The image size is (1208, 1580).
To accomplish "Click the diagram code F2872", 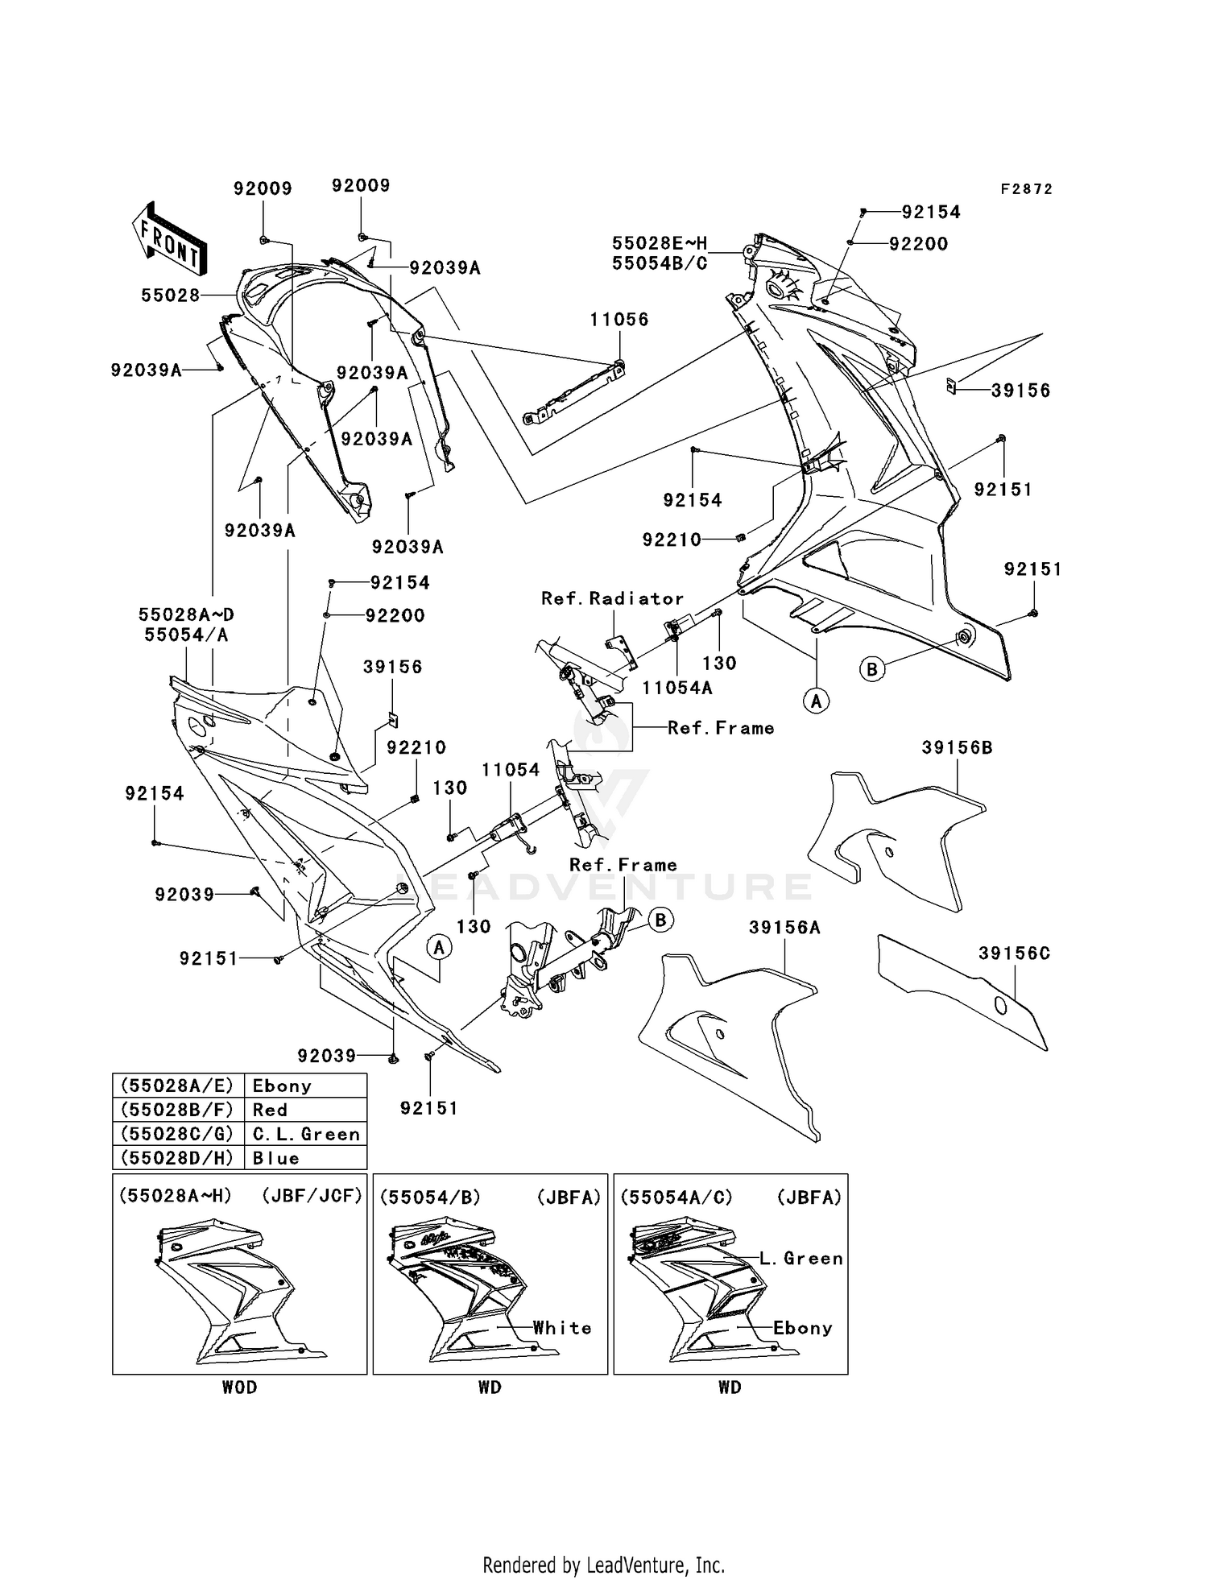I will click(x=1026, y=189).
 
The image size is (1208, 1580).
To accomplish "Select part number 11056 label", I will click(x=618, y=319).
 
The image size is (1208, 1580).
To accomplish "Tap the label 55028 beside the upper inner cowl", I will click(x=170, y=296).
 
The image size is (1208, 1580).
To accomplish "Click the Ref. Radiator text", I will click(x=612, y=598).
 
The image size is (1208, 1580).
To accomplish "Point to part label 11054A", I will click(x=676, y=688).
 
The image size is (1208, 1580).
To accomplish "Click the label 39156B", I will click(x=957, y=747).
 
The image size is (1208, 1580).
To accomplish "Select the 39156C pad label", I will click(x=1014, y=953).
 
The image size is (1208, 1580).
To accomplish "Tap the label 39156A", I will click(x=784, y=928).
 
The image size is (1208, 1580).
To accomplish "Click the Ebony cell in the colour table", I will click(x=282, y=1086).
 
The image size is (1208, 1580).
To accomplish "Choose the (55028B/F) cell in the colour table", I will click(x=177, y=1110).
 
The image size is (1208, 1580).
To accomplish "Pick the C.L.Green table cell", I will click(x=305, y=1134).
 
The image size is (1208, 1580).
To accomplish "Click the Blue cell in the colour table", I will click(x=275, y=1158).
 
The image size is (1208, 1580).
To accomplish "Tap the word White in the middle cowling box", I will click(x=562, y=1328).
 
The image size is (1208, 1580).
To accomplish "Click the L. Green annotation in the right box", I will click(x=801, y=1258).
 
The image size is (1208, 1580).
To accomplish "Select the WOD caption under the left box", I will click(x=239, y=1387).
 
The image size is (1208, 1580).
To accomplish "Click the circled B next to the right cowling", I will click(x=872, y=668).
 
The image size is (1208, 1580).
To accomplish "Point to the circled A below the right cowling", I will click(x=817, y=701).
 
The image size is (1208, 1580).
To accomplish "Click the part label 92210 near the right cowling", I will click(x=671, y=540).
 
